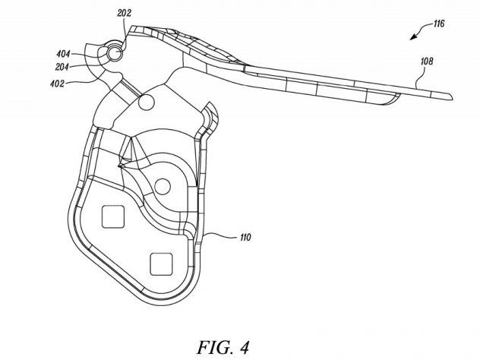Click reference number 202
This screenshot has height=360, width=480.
click(x=124, y=13)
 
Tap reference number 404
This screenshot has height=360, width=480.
click(x=63, y=55)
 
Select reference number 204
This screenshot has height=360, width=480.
click(x=62, y=67)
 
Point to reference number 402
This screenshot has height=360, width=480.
click(x=58, y=84)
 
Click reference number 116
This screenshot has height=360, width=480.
click(x=439, y=24)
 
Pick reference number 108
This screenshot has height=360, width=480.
click(x=427, y=62)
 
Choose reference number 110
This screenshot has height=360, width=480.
click(x=245, y=237)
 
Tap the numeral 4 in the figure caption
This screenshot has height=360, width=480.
click(x=244, y=347)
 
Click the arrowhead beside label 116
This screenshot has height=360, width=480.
click(x=414, y=37)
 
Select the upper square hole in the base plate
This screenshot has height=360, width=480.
click(x=113, y=216)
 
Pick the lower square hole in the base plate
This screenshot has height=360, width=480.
click(x=161, y=264)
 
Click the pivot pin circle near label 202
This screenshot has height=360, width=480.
click(x=115, y=54)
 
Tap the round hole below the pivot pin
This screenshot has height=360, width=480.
click(x=146, y=102)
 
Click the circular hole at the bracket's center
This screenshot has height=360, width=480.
click(x=163, y=186)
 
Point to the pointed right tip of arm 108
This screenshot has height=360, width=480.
click(x=453, y=97)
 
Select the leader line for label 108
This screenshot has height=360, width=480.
click(x=420, y=77)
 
